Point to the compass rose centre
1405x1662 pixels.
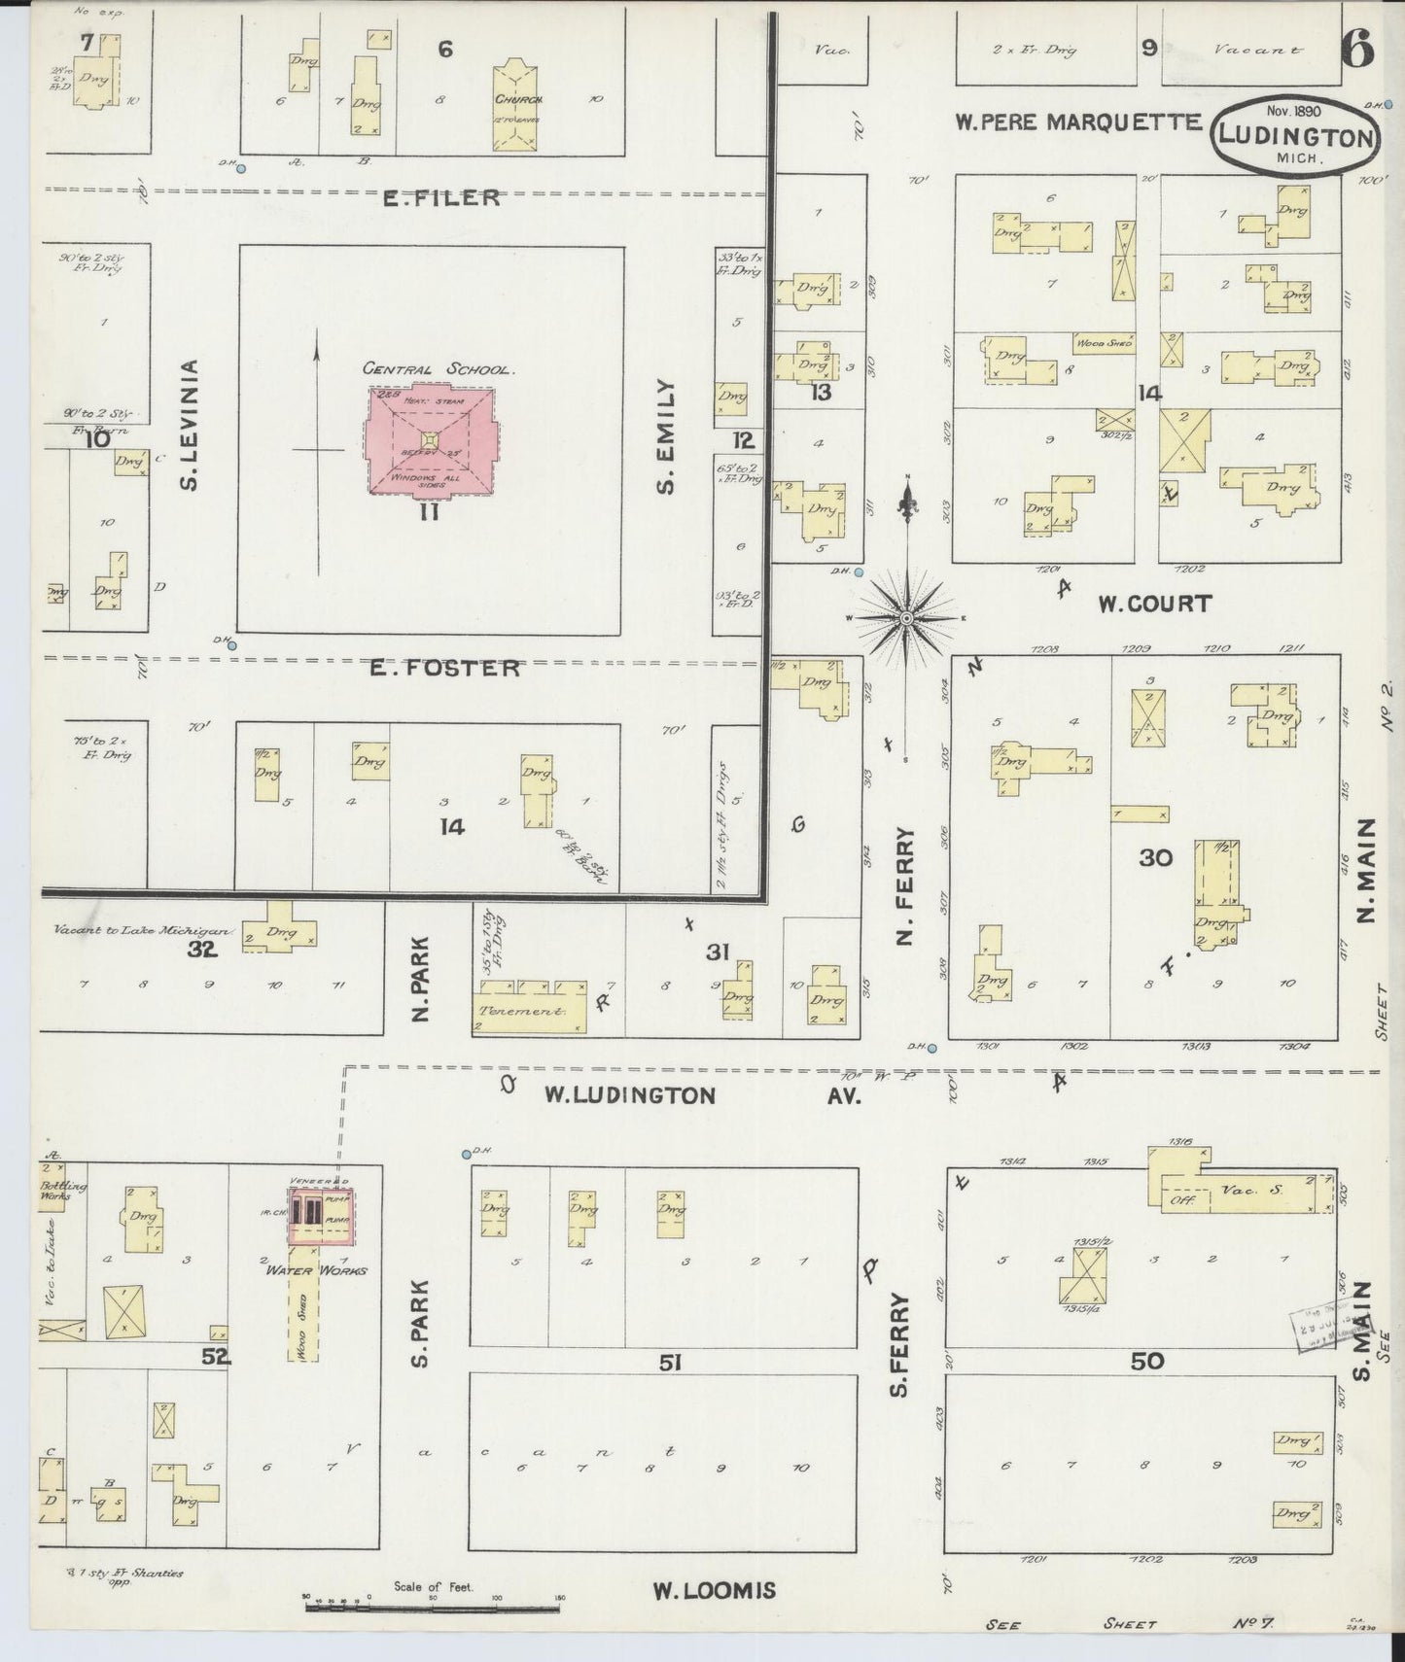click(x=906, y=618)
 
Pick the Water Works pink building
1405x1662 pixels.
click(x=321, y=1215)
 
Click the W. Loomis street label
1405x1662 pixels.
click(x=714, y=1591)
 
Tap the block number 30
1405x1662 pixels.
click(x=1157, y=857)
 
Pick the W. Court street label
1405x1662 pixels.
click(x=1155, y=604)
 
